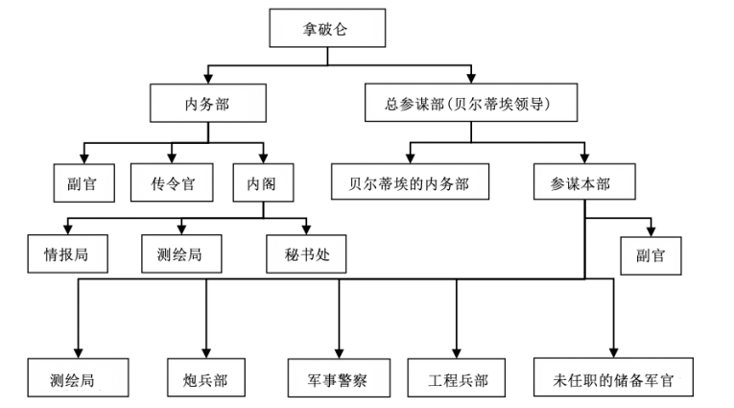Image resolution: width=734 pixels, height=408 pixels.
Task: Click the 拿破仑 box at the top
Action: (x=328, y=28)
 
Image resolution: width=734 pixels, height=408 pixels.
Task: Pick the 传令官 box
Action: (x=173, y=181)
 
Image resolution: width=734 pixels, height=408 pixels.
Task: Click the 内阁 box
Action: (x=262, y=181)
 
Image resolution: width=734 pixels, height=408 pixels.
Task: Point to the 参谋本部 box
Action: (x=584, y=181)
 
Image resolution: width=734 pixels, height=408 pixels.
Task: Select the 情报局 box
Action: (x=66, y=254)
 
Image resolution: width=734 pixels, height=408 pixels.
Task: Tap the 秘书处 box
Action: (x=305, y=254)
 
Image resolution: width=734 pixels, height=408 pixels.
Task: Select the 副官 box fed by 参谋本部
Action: (x=653, y=255)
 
